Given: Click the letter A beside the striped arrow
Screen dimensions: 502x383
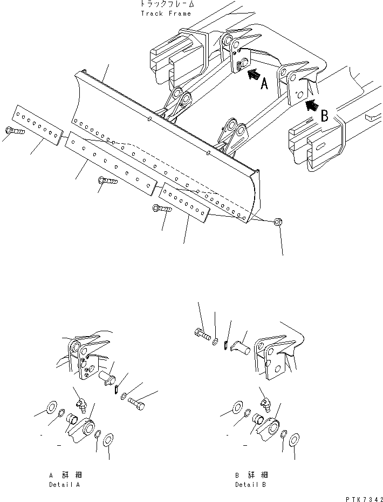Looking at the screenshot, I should [264, 84].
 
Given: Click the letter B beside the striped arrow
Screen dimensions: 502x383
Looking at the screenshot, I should [325, 115].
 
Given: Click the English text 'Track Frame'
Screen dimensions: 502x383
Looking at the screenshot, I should [166, 14].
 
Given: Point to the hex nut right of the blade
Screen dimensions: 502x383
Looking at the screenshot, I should [279, 222].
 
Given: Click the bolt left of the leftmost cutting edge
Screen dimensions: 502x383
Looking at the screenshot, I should [13, 131].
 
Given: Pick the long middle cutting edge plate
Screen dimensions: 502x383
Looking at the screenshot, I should [110, 162].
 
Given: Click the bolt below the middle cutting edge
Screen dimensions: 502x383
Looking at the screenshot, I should [107, 181].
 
